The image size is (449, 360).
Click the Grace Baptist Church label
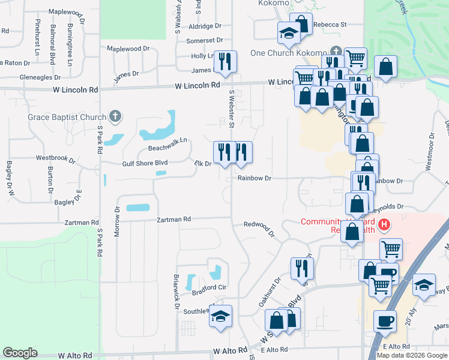point(66,117)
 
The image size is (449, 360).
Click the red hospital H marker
point(384,226)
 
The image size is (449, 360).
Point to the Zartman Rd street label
point(174,220)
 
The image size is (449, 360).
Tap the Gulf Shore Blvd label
point(145,163)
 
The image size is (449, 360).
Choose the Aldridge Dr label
point(205,26)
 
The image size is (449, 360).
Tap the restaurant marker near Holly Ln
point(225,61)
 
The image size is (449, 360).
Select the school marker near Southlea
point(221,316)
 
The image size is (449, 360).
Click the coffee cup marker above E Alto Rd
point(385,321)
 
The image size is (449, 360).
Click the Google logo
point(20,353)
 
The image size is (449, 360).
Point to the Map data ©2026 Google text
point(412,355)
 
